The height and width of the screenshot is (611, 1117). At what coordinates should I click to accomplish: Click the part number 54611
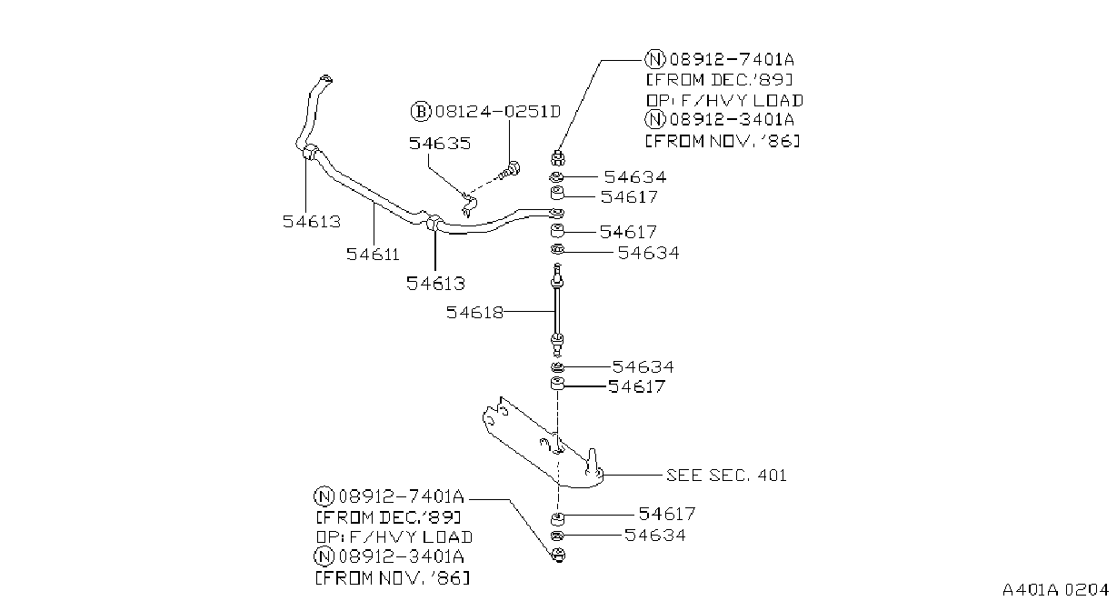pyautogui.click(x=373, y=255)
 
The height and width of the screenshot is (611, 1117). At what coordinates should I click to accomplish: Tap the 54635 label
pyautogui.click(x=440, y=144)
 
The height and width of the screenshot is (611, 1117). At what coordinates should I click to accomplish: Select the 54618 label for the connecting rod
pyautogui.click(x=474, y=313)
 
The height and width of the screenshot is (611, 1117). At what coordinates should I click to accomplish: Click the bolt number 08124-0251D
pyautogui.click(x=498, y=111)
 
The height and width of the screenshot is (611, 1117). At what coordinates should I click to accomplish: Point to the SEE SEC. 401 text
pyautogui.click(x=726, y=476)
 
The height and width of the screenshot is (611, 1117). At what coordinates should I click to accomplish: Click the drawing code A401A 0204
pyautogui.click(x=1055, y=590)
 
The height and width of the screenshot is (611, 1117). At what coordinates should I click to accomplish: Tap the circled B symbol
pyautogui.click(x=421, y=111)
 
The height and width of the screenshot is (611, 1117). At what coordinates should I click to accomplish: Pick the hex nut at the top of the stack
pyautogui.click(x=558, y=157)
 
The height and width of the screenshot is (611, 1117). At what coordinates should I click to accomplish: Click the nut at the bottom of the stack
pyautogui.click(x=559, y=555)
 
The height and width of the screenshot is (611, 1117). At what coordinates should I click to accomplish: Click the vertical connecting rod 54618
pyautogui.click(x=557, y=310)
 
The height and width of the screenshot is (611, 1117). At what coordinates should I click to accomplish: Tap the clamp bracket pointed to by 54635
pyautogui.click(x=468, y=205)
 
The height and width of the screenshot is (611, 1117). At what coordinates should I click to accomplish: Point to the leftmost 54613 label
pyautogui.click(x=312, y=222)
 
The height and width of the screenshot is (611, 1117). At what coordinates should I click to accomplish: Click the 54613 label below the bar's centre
pyautogui.click(x=435, y=284)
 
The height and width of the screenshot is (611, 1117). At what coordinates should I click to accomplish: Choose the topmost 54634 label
pyautogui.click(x=634, y=177)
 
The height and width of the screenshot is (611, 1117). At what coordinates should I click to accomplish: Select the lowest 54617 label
pyautogui.click(x=667, y=514)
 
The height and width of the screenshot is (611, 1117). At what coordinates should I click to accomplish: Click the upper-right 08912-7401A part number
pyautogui.click(x=732, y=60)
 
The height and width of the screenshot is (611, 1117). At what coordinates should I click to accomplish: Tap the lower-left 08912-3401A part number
pyautogui.click(x=402, y=556)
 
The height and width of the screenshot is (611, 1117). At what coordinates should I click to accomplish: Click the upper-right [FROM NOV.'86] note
pyautogui.click(x=723, y=141)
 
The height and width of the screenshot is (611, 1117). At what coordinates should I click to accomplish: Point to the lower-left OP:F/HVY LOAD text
pyautogui.click(x=394, y=537)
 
